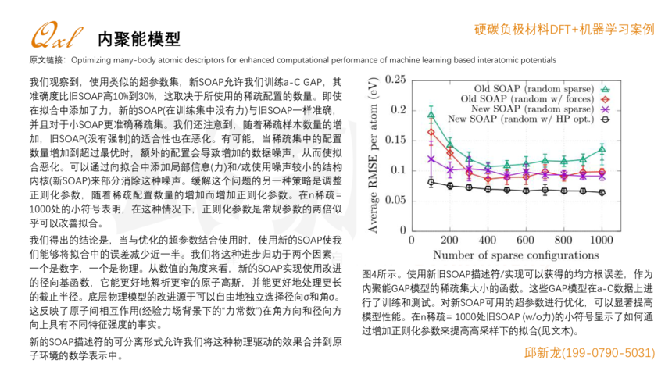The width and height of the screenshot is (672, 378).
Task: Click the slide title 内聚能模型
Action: (139, 38)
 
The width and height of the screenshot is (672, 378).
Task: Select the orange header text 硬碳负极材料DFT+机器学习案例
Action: (563, 29)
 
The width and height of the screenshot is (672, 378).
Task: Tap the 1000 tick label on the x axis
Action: (600, 240)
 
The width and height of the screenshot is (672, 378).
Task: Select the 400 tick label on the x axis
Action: (487, 240)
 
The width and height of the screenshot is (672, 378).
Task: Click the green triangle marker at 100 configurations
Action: (431, 116)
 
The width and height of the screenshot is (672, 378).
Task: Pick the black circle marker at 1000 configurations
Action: (601, 192)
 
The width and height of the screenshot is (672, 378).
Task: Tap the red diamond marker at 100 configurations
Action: (431, 132)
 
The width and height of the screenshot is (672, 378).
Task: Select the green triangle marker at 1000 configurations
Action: (601, 148)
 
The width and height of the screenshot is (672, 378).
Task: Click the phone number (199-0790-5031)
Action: (606, 353)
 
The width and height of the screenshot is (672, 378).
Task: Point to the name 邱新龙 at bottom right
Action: (542, 353)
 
